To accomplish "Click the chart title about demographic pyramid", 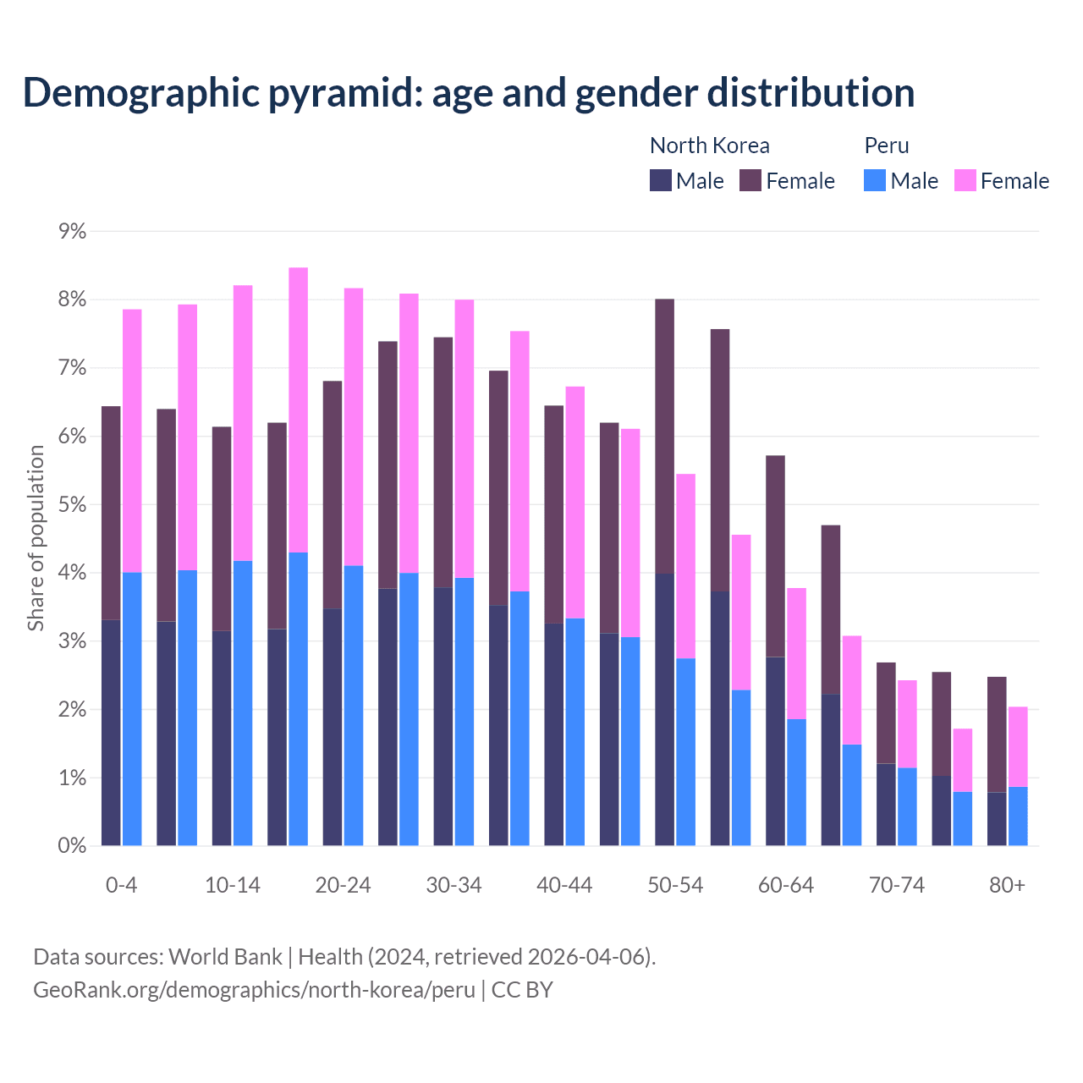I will click(468, 92).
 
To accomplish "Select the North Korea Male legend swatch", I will click(661, 180).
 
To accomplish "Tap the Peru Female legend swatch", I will click(965, 180).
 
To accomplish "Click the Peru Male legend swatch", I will click(875, 180).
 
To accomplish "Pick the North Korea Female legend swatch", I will click(750, 180).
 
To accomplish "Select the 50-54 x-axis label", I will click(675, 885).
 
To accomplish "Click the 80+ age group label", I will click(1007, 885).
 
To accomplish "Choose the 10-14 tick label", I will click(233, 885).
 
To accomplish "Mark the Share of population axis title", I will click(36, 538).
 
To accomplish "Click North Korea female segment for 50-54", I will click(665, 436).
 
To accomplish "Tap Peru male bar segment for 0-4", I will click(132, 709).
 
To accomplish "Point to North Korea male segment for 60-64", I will click(775, 751).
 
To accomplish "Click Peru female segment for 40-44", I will click(575, 503).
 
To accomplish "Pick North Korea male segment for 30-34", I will click(443, 716).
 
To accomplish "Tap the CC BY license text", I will click(522, 990).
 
